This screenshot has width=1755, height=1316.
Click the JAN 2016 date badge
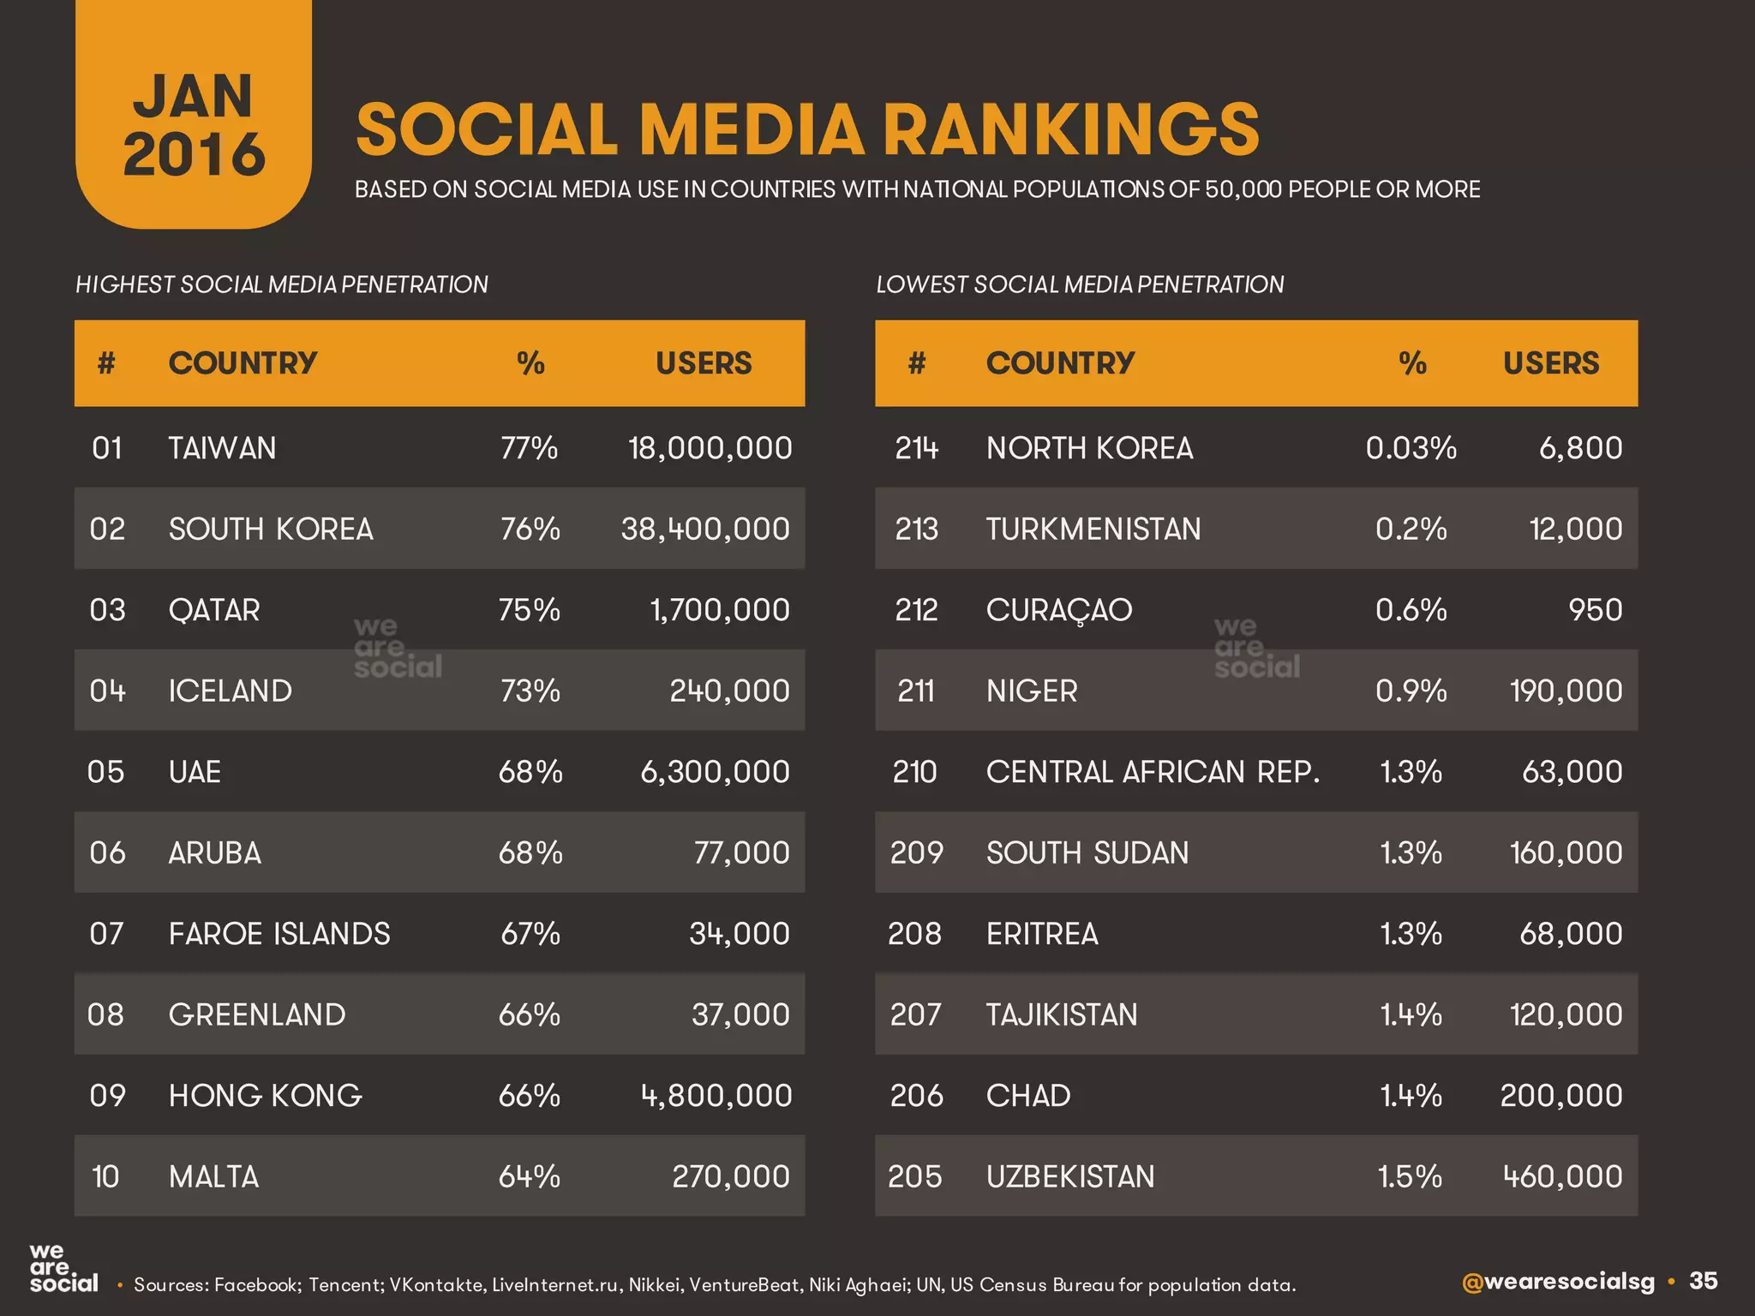pyautogui.click(x=194, y=124)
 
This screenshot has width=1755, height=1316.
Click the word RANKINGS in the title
pyautogui.click(x=1070, y=130)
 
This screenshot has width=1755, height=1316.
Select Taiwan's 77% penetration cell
pyautogui.click(x=529, y=448)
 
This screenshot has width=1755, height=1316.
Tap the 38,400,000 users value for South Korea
pyautogui.click(x=705, y=529)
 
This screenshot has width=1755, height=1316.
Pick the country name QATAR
pyautogui.click(x=214, y=610)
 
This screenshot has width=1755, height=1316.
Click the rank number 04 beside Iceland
pyautogui.click(x=107, y=691)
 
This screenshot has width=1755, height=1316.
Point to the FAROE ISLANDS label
pyautogui.click(x=279, y=934)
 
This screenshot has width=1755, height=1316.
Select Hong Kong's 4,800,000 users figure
pyautogui.click(x=716, y=1096)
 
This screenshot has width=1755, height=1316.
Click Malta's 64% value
pyautogui.click(x=529, y=1176)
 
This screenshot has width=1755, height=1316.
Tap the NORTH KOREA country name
pyautogui.click(x=1089, y=448)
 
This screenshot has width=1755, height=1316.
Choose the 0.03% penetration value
pyautogui.click(x=1411, y=448)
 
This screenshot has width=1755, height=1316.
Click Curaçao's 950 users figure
pyautogui.click(x=1595, y=610)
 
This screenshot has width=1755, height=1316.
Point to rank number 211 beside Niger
pyautogui.click(x=916, y=691)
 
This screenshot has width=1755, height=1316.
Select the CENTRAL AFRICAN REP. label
pyautogui.click(x=1153, y=772)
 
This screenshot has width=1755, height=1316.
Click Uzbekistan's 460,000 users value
pyautogui.click(x=1562, y=1176)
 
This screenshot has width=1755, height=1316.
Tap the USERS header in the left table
pyautogui.click(x=704, y=363)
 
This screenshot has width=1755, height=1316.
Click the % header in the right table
pyautogui.click(x=1412, y=363)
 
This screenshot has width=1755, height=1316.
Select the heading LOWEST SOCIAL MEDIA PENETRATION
pyautogui.click(x=1080, y=284)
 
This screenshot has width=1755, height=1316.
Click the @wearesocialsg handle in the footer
pyautogui.click(x=1557, y=1282)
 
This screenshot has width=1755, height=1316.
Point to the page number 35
pyautogui.click(x=1703, y=1281)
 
